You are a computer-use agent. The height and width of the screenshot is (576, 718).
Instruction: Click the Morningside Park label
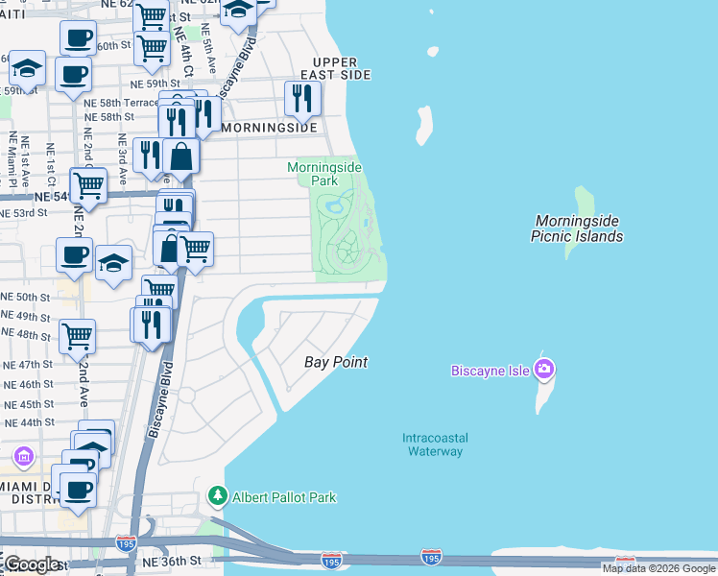324,174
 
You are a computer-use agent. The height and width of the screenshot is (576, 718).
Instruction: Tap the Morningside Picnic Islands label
579,228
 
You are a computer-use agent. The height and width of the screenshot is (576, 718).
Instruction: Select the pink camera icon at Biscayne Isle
544,369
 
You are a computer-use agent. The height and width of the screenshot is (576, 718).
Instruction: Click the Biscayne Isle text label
491,371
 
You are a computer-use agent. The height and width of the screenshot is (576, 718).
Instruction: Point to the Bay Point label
336,362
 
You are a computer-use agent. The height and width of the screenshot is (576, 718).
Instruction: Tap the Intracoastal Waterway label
434,444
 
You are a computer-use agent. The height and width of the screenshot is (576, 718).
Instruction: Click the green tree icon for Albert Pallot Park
218,496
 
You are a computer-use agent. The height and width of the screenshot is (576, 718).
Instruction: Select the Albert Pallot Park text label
283,497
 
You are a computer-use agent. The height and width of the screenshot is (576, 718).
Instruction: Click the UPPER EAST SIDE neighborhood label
334,67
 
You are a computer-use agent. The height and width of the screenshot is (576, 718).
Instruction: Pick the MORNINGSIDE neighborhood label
269,127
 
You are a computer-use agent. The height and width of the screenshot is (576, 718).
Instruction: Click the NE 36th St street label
170,560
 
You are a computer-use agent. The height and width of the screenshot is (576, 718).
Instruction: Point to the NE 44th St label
29,422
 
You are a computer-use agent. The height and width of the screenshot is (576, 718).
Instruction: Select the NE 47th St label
29,365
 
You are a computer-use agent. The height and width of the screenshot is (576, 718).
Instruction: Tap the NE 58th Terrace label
121,102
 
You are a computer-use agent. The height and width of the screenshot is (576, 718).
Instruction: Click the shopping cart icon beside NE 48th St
77,336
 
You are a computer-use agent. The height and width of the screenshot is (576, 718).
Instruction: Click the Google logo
31,564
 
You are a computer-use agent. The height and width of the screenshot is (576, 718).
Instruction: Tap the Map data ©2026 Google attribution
659,568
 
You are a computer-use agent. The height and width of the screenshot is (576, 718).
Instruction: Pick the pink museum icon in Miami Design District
23,455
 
